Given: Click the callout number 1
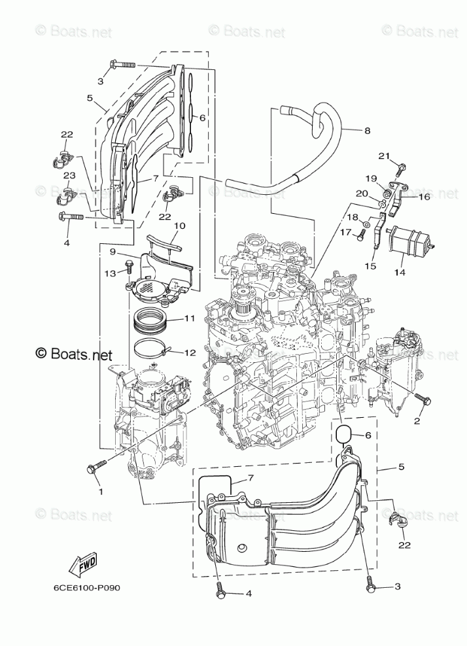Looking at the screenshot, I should (x=100, y=490).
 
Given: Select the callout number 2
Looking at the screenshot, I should (x=417, y=420).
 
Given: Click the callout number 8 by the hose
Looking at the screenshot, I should (x=367, y=130).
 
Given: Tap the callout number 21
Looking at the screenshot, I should (x=385, y=155).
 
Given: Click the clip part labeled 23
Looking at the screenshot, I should (x=68, y=193).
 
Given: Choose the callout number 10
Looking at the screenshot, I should (x=179, y=226).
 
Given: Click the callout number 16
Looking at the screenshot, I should (x=423, y=195).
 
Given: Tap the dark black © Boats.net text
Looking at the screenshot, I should (x=74, y=354).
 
